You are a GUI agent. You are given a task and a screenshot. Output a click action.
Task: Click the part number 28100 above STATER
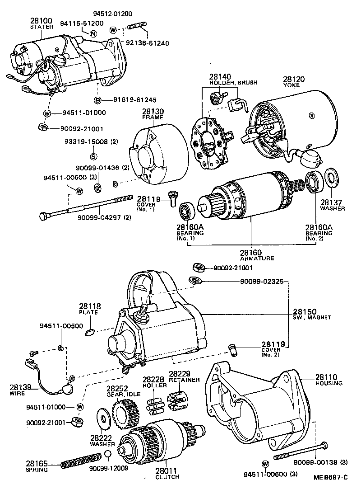[x=42, y=20]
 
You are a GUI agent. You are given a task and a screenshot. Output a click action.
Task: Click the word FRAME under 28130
[x=153, y=118]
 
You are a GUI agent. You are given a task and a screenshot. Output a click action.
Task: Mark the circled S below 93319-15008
[x=94, y=157]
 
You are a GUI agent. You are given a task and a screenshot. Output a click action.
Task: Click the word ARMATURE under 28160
[x=257, y=258]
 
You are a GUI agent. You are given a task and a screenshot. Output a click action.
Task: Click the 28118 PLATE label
[x=88, y=309]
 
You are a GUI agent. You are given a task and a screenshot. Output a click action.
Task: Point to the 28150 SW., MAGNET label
[x=311, y=315]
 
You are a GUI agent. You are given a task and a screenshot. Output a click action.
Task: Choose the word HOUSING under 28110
[x=329, y=383]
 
